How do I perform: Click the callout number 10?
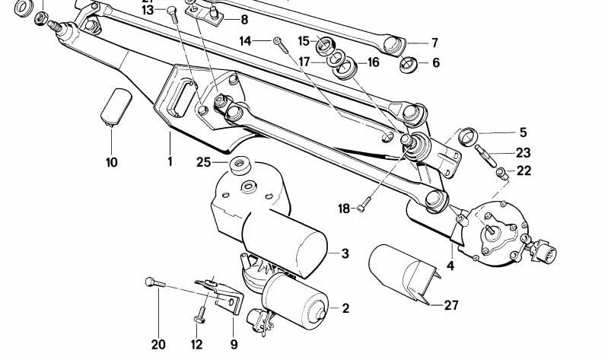coord(112,162)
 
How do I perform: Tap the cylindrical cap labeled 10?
coord(116,105)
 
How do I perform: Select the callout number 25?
coord(202,161)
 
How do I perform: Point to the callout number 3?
coord(345,253)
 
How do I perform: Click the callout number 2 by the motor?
coord(345,308)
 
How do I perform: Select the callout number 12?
coord(197,345)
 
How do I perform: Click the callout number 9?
coord(234,345)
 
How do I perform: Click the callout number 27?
coord(451,306)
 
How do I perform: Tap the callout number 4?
coord(450,266)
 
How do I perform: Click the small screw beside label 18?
coord(366,204)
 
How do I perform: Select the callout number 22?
coord(524,171)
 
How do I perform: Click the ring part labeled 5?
coord(469,137)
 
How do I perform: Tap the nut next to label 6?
coord(408,62)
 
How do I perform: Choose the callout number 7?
coord(435,43)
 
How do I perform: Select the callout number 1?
coord(170,162)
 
